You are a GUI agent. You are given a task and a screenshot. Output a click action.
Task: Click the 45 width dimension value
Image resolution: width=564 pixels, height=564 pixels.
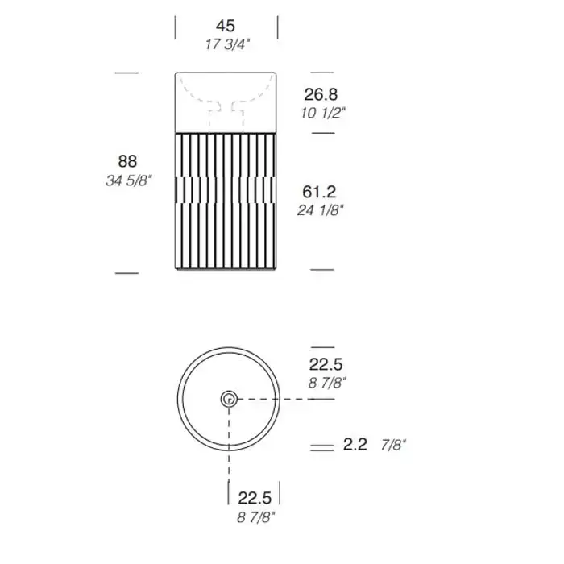pos(226,26)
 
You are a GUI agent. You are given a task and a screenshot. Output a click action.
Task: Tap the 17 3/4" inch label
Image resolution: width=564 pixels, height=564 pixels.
pos(227,44)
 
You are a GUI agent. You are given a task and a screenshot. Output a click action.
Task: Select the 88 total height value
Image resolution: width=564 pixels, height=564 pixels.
pos(127,161)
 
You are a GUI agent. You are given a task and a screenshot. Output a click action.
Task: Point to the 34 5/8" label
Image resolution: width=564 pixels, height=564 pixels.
pos(129,180)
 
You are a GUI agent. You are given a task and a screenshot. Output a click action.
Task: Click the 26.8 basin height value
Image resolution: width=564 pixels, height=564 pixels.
pos(321,94)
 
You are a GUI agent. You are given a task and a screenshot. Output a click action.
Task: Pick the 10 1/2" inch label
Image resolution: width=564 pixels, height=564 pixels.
pos(323,114)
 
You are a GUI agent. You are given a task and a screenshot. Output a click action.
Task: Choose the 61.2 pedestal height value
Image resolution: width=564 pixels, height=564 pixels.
pos(319,192)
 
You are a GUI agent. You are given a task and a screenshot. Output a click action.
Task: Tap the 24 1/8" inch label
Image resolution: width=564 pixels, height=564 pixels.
pos(320,210)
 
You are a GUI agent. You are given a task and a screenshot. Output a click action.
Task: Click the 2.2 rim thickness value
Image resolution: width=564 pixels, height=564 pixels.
pos(355,445)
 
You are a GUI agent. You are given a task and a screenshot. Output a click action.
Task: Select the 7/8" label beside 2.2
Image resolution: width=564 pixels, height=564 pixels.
pos(393,446)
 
